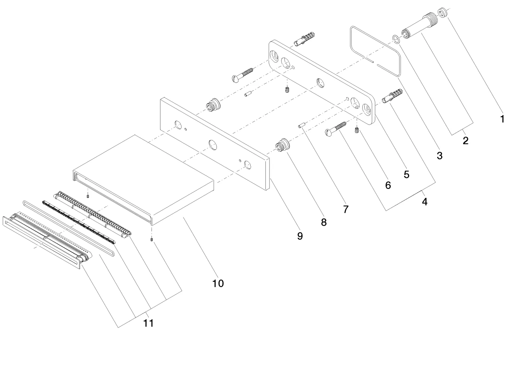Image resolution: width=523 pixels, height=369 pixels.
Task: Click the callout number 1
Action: click(x=502, y=119)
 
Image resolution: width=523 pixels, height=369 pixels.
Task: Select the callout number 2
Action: click(x=466, y=140)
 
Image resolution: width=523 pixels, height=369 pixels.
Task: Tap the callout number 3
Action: click(x=440, y=156)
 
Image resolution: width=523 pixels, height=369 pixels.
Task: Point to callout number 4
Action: click(x=424, y=202)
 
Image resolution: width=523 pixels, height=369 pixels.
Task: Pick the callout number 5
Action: click(x=406, y=174)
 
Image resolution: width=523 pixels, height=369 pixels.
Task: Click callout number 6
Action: click(x=388, y=185)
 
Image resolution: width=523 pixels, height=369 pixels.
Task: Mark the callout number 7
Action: click(x=346, y=209)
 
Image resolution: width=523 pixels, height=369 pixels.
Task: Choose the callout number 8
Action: click(x=324, y=222)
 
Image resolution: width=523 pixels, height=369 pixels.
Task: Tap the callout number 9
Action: click(x=300, y=236)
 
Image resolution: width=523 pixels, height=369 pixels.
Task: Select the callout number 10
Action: click(x=218, y=283)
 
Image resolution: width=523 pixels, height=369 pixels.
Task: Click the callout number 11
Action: click(x=148, y=323)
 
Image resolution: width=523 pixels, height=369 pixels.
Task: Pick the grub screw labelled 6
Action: click(x=357, y=130)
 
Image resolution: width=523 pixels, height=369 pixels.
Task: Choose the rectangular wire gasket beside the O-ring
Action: click(x=375, y=51)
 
